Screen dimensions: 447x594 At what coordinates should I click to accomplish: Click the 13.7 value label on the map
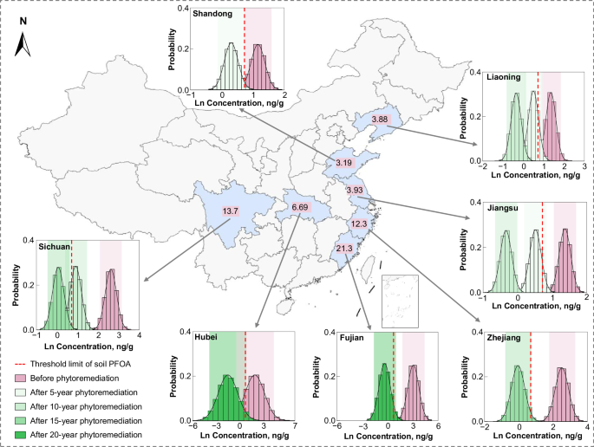click(x=230, y=211)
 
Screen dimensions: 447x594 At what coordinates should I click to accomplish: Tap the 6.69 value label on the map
click(x=300, y=207)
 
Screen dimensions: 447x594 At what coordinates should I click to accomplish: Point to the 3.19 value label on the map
click(x=343, y=163)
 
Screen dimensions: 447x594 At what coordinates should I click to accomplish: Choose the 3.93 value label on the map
click(x=354, y=191)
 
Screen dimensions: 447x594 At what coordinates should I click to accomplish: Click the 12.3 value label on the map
click(x=359, y=224)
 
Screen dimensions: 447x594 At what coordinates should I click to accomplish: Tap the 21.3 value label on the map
click(x=343, y=249)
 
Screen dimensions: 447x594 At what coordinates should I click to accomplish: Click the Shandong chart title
click(x=212, y=15)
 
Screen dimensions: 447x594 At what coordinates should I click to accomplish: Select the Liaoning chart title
click(x=503, y=77)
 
